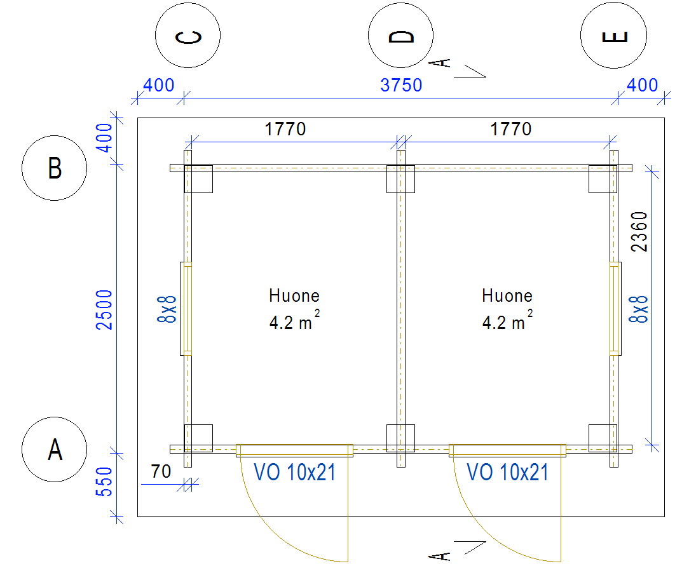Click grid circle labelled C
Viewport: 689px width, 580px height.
[188, 36]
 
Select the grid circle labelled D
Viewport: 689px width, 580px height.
[401, 36]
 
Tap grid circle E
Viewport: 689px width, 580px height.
[613, 36]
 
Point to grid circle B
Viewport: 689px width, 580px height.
[55, 168]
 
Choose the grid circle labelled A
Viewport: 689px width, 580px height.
[55, 450]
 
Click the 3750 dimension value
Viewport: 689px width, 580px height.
[401, 85]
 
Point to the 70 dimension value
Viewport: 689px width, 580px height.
[161, 471]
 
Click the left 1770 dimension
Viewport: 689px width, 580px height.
[285, 130]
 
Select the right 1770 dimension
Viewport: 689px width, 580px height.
[510, 130]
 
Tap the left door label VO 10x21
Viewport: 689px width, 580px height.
[294, 472]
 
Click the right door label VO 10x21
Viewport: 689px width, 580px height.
[507, 472]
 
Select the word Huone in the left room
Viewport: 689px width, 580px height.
[294, 295]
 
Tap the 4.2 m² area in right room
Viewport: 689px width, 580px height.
[507, 322]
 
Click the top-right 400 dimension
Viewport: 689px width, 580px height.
[643, 85]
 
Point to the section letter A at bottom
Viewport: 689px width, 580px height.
[444, 556]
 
